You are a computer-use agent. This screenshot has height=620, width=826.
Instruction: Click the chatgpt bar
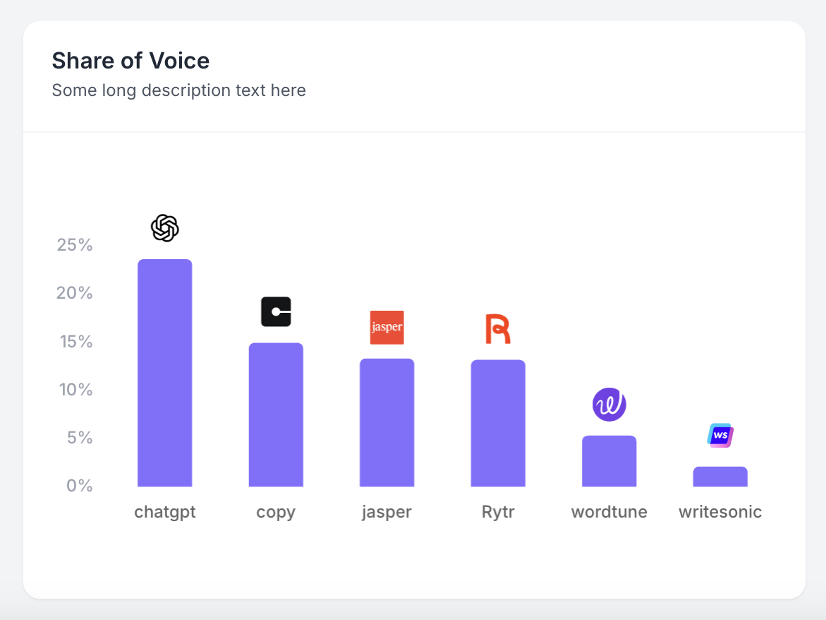[164, 373]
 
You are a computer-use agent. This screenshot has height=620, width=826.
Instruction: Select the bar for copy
[276, 415]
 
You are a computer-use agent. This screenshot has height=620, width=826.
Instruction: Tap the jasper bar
[387, 422]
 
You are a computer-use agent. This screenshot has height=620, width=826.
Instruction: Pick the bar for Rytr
[498, 423]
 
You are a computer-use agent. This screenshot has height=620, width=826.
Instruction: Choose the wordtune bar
[609, 461]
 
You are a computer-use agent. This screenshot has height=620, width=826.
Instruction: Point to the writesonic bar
[720, 477]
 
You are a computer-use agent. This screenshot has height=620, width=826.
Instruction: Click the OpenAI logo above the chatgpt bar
[165, 228]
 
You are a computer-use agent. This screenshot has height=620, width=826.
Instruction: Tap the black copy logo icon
[276, 311]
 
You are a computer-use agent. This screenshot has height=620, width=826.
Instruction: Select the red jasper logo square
[387, 327]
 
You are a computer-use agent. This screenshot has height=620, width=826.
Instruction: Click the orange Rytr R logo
[497, 329]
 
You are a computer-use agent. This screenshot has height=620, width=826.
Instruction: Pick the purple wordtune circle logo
[609, 405]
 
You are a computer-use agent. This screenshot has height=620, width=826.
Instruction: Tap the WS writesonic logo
[720, 436]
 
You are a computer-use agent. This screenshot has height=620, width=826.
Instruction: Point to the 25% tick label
[75, 245]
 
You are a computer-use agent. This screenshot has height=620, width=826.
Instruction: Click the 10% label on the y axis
[75, 390]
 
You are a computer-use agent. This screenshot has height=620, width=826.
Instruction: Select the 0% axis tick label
[79, 486]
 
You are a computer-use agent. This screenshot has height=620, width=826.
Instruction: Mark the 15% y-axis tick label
[75, 342]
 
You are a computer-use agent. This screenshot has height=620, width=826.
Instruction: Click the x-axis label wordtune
[609, 512]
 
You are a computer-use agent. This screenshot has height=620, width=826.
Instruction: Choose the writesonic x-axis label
[720, 512]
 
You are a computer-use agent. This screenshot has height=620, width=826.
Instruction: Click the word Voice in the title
[179, 61]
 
